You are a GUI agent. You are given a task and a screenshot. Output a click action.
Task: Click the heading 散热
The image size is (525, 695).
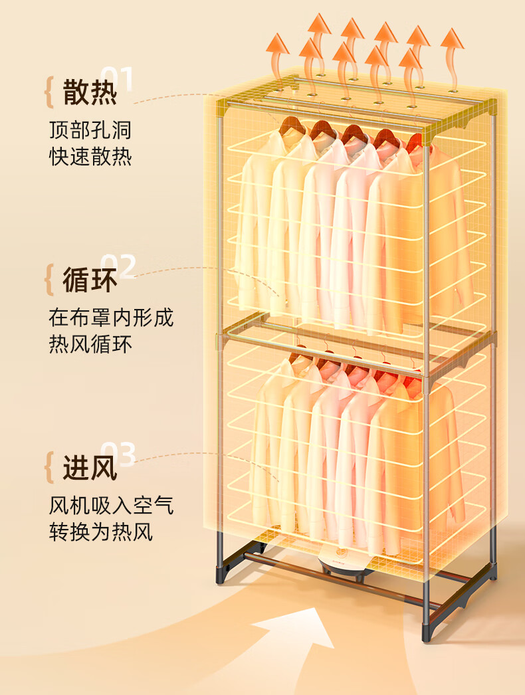[90, 92]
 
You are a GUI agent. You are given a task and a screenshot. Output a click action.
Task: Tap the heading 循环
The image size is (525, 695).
[90, 280]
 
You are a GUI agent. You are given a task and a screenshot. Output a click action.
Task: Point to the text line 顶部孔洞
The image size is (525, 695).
[90, 128]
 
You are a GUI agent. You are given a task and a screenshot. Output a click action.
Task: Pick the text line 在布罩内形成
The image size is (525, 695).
[111, 317]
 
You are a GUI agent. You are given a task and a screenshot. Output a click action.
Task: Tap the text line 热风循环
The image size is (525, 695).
[90, 345]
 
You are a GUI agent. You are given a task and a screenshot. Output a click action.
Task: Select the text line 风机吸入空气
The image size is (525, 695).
[111, 506]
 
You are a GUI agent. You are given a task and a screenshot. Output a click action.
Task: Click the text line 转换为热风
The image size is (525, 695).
[101, 533]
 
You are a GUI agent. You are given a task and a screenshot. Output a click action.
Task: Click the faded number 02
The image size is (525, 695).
[118, 266]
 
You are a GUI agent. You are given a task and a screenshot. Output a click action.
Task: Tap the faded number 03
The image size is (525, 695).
[118, 454]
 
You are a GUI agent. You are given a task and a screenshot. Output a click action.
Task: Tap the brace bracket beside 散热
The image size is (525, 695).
[49, 92]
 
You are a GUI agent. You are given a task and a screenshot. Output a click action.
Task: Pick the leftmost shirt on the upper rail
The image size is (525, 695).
[256, 219]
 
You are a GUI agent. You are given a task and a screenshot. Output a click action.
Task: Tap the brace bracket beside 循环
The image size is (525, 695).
[49, 280]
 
